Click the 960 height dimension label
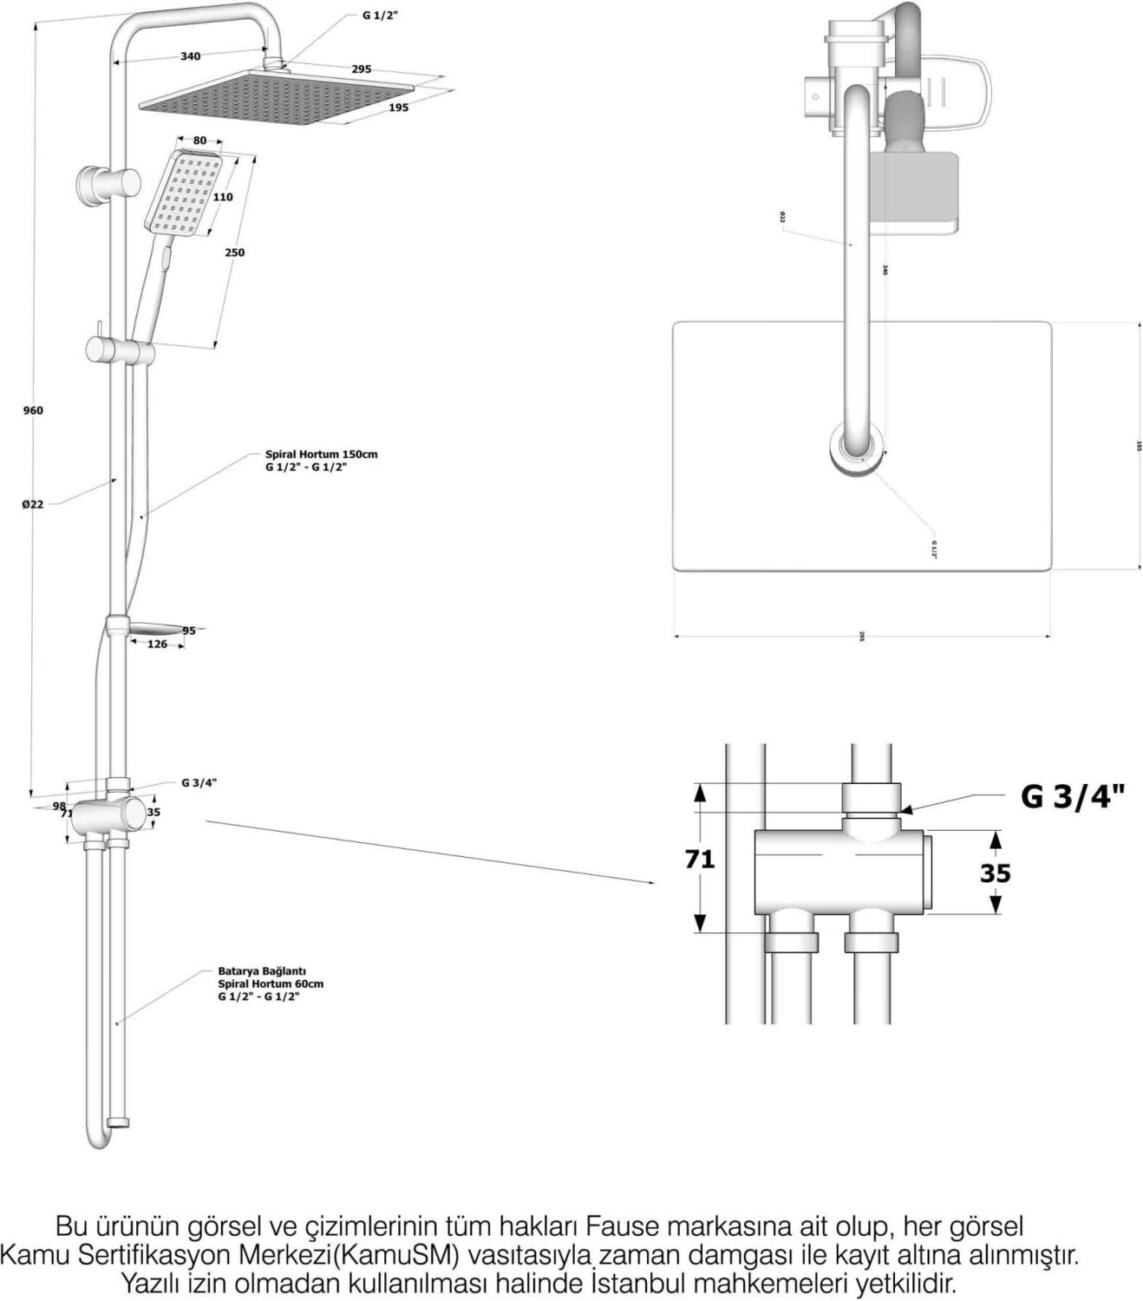tap(33, 410)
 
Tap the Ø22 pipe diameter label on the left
tap(33, 504)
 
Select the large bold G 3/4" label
tap(1072, 796)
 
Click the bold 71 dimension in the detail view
tap(700, 859)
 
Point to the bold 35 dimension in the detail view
tap(996, 872)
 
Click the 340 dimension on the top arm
tap(190, 56)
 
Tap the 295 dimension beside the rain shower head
tap(362, 69)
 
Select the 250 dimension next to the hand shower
tap(234, 252)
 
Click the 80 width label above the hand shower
tap(199, 141)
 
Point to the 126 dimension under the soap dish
tap(157, 644)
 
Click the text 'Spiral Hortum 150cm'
tap(321, 454)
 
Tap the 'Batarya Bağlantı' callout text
tap(262, 971)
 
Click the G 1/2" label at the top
tap(381, 16)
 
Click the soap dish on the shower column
tap(156, 629)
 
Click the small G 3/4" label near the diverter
tap(199, 782)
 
